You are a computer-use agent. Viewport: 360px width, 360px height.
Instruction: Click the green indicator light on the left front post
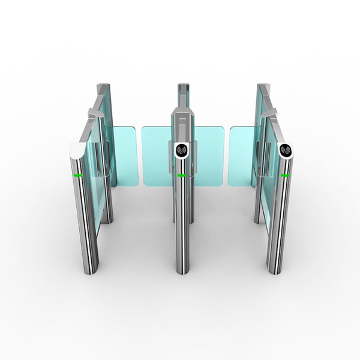(78, 175)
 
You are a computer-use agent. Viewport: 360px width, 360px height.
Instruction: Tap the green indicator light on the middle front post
(181, 175)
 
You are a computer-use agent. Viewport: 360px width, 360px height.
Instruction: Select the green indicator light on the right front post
(286, 175)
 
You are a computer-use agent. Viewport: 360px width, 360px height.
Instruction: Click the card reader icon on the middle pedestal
(182, 149)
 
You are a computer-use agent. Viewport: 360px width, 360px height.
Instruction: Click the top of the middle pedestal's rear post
(184, 87)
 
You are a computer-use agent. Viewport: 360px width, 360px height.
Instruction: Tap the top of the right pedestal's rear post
(262, 88)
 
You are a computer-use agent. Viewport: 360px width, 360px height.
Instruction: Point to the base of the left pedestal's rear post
(107, 220)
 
